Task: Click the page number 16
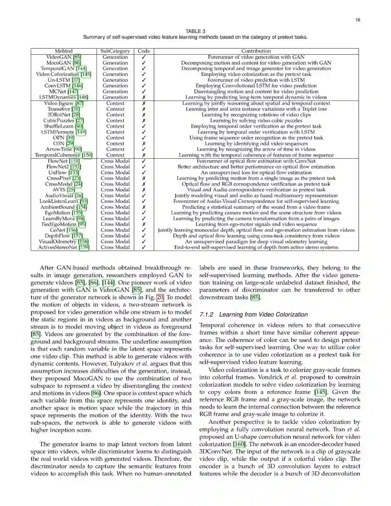(358, 20)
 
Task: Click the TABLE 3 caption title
(195, 31)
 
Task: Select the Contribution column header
(256, 51)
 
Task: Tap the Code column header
(144, 51)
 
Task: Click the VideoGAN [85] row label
(64, 57)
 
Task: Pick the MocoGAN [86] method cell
(64, 63)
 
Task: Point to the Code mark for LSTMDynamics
(144, 97)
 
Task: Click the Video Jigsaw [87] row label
(64, 103)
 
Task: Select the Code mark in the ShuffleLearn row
(144, 126)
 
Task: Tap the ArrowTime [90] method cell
(64, 149)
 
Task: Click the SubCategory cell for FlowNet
(115, 161)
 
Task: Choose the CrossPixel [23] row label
(64, 178)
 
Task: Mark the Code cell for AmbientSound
(144, 207)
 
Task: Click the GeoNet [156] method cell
(64, 230)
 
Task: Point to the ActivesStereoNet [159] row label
(64, 247)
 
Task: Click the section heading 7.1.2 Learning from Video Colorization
(253, 314)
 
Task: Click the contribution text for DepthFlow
(256, 236)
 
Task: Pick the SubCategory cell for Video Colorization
(115, 74)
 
